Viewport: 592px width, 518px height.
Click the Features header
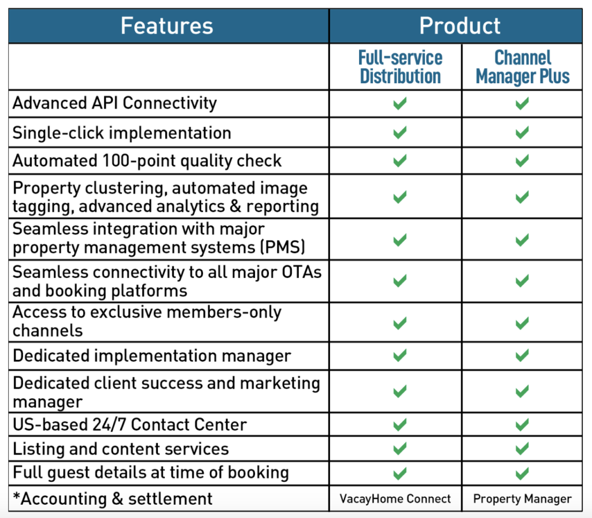coord(167,25)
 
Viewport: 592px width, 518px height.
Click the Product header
coord(460,25)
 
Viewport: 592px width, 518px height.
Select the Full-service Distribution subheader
coord(400,67)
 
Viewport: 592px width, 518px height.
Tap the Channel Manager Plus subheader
coord(523,67)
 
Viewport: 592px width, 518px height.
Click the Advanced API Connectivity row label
coord(115,103)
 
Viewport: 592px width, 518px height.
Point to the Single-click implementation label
coord(122,133)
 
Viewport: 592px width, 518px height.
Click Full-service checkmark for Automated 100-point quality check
coord(400,161)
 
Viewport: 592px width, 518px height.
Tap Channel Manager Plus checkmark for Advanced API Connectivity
coord(522,103)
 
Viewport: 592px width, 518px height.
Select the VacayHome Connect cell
coord(395,499)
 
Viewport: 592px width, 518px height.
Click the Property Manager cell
coord(522,499)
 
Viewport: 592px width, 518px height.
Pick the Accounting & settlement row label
coord(113,499)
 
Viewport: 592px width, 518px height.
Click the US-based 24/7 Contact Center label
coord(130,424)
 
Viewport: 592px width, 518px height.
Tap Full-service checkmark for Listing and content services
coord(400,449)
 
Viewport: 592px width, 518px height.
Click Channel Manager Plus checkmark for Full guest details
coord(522,473)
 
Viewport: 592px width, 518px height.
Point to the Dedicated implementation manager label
coord(152,356)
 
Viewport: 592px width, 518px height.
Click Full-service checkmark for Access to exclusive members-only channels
coord(400,323)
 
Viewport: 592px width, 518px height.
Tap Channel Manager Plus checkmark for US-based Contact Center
coord(522,425)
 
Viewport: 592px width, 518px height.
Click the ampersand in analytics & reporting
coord(236,206)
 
